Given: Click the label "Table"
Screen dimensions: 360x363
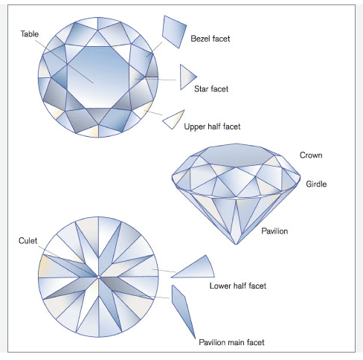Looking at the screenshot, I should (x=30, y=34).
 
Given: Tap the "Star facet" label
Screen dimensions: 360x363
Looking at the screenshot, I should (x=211, y=89).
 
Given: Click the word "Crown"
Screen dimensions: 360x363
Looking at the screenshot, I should (x=310, y=155).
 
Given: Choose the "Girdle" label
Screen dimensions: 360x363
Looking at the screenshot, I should (x=316, y=183).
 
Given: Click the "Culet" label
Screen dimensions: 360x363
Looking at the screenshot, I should (x=28, y=241).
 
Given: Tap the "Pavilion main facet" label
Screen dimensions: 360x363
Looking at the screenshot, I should (x=231, y=342).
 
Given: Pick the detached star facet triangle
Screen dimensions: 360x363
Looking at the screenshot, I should (x=186, y=76).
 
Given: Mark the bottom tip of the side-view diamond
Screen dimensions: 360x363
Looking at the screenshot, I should (x=237, y=243).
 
